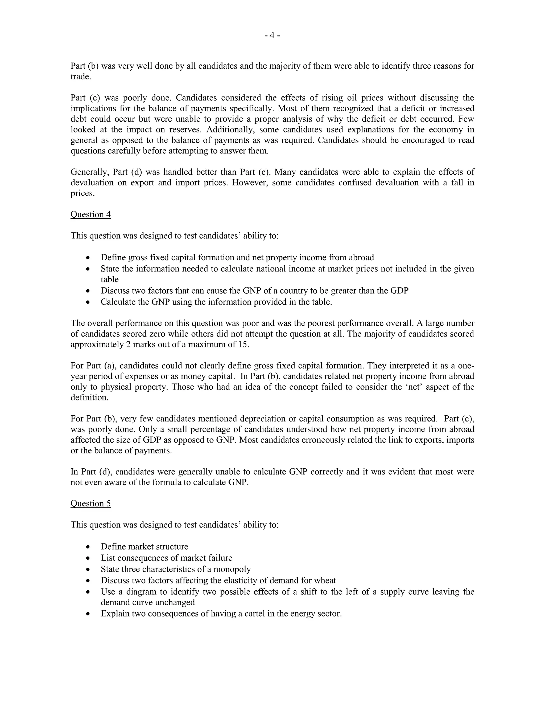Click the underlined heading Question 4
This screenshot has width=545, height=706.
click(x=90, y=215)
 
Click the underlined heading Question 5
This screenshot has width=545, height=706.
click(x=90, y=503)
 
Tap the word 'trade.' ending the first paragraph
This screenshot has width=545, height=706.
click(x=81, y=77)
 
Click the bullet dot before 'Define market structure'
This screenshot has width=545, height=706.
click(x=88, y=547)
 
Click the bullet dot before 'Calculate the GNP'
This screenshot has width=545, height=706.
click(x=88, y=302)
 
